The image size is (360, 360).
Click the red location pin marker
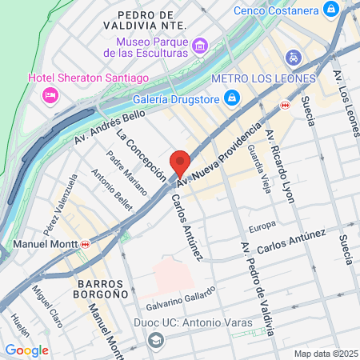click(x=181, y=163)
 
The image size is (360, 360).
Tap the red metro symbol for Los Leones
click(x=284, y=104)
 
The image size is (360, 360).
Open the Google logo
click(x=27, y=350)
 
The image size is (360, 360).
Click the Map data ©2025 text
click(x=325, y=353)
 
